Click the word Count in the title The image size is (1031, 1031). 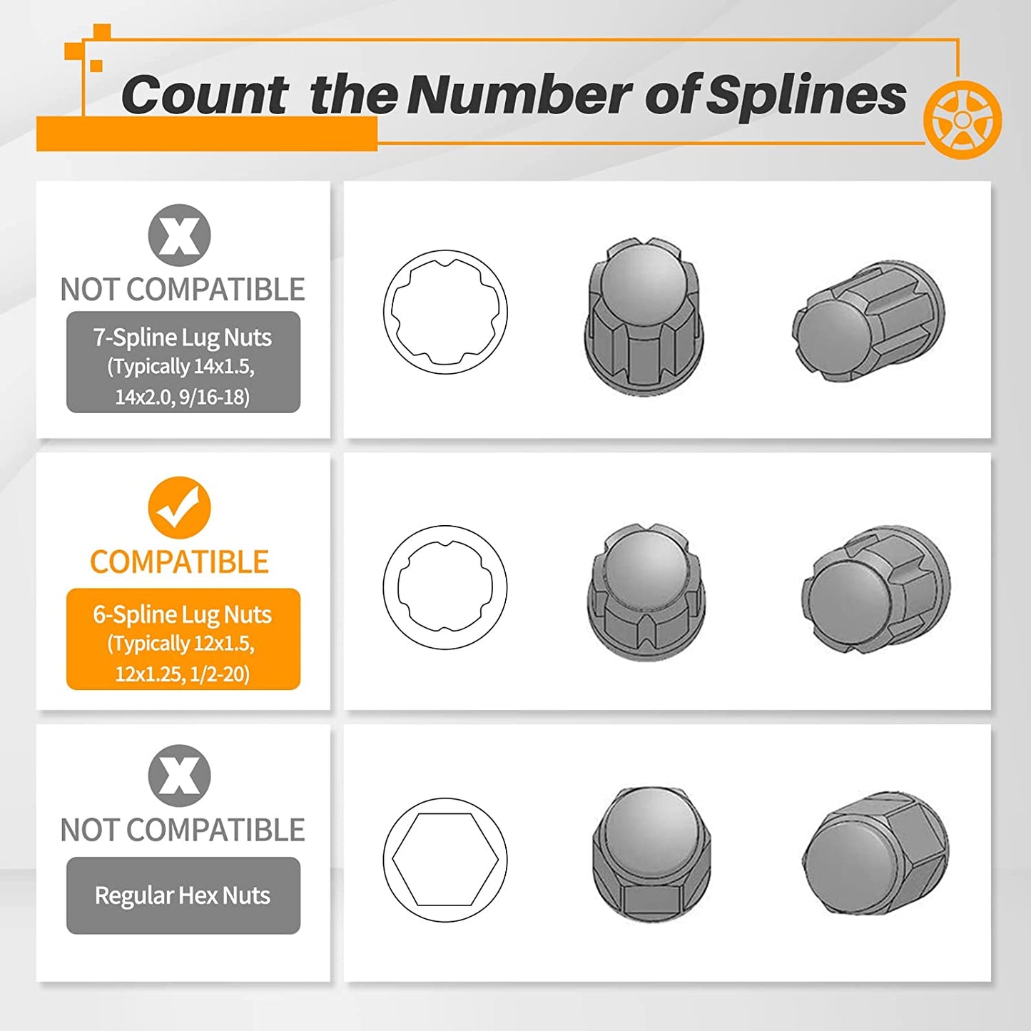point(205,95)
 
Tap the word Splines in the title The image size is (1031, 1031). point(806,96)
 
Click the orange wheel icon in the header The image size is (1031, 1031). point(962,120)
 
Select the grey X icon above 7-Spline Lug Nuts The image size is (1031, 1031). point(179,235)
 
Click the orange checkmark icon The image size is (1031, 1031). point(179,507)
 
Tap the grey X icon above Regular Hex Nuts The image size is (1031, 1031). point(179,776)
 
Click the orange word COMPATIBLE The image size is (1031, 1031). point(179,562)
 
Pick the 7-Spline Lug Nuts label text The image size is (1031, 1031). point(183,337)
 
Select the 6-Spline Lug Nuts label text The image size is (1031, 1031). point(183,615)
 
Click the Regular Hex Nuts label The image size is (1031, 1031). point(183,895)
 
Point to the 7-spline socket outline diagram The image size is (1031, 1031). point(445,311)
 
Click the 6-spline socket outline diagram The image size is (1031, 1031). point(445,587)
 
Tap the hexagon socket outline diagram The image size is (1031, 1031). point(445,860)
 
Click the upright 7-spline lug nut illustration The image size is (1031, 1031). point(644,317)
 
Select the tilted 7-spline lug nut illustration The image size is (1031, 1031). point(868,322)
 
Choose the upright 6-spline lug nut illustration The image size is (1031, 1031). point(646,592)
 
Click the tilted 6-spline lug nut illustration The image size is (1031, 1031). point(876,587)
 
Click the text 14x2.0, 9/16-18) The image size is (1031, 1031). point(183,397)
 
